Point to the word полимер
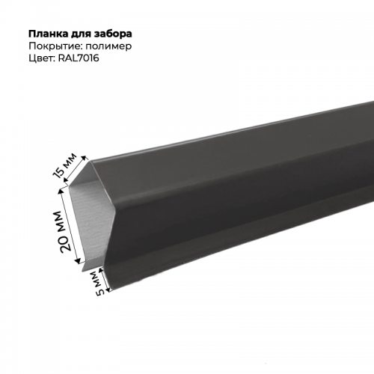point(107,46)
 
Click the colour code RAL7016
point(79,58)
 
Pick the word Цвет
point(42,58)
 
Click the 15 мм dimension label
point(65,166)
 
